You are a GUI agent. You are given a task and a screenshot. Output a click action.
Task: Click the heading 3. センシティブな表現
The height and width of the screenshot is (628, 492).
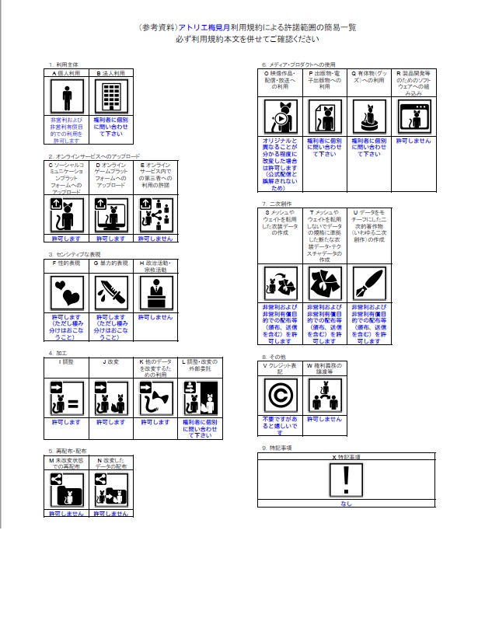pyautogui.click(x=74, y=253)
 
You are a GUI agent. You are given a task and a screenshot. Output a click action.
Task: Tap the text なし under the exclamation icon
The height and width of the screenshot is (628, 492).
pyautogui.click(x=345, y=504)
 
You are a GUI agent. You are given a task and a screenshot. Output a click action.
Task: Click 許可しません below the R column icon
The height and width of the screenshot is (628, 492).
pyautogui.click(x=411, y=141)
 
